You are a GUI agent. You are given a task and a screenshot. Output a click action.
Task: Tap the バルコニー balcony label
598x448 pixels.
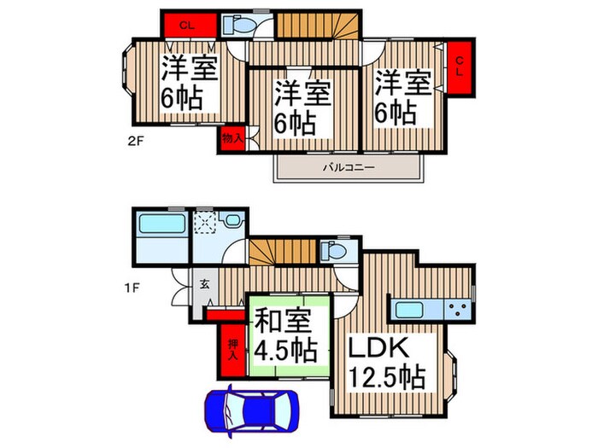click(x=348, y=168)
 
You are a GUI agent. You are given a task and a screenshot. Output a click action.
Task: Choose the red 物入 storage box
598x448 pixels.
click(x=232, y=137)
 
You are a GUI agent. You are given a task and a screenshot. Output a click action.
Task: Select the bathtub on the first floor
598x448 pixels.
click(x=160, y=228)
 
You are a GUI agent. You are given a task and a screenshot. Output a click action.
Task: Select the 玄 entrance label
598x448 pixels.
click(x=207, y=286)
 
